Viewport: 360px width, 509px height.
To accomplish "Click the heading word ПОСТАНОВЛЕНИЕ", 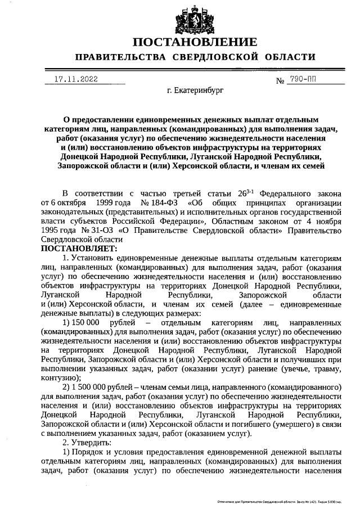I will [195, 42].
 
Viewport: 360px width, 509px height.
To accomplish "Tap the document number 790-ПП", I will [301, 80].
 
